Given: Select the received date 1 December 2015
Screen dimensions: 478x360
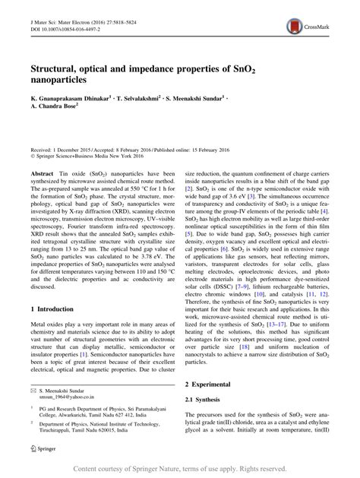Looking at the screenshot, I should coord(67,152).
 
